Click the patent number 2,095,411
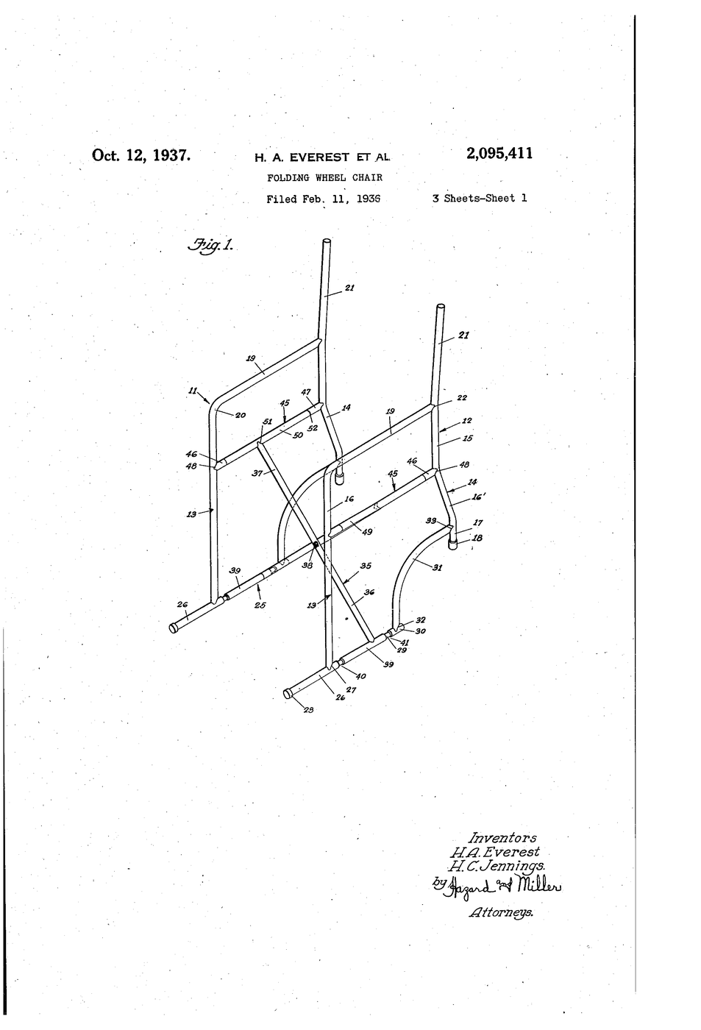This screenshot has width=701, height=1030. tap(499, 153)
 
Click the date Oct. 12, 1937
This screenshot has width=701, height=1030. tap(141, 155)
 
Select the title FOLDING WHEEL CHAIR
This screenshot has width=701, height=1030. tap(324, 177)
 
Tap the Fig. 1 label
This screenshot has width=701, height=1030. tap(210, 245)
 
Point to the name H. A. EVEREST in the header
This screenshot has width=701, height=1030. tap(302, 157)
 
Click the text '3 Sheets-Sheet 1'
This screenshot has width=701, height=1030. tap(480, 198)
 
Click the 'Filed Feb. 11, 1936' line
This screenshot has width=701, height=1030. tap(324, 199)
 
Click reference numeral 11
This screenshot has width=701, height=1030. tap(193, 391)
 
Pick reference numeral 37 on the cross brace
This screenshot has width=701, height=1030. tap(257, 472)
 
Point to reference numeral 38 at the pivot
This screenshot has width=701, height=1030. tap(307, 565)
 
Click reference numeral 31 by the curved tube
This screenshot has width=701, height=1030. tap(437, 567)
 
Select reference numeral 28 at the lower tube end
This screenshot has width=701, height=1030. tap(308, 709)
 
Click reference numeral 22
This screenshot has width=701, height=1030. tap(462, 398)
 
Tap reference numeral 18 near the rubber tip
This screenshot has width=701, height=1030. tap(477, 538)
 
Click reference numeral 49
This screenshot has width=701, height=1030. tap(367, 532)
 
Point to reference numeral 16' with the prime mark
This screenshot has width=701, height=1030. tap(480, 497)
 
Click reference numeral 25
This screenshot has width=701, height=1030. tap(260, 605)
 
